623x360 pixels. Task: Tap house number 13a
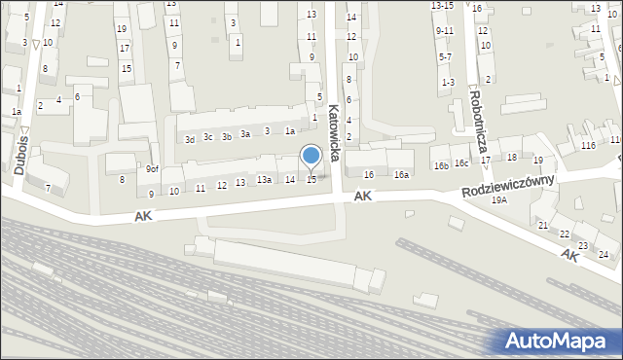[x=264, y=180]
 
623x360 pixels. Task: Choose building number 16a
[x=401, y=175]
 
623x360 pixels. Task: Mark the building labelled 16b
[x=441, y=165]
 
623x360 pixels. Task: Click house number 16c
[x=460, y=162]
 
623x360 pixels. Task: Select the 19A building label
[x=499, y=199]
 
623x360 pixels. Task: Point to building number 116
[x=588, y=145]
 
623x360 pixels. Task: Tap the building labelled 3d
[x=191, y=139]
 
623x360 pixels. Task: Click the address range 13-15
[x=442, y=6]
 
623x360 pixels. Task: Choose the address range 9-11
[x=444, y=31]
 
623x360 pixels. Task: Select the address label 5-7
[x=445, y=56]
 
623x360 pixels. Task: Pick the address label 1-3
[x=448, y=82]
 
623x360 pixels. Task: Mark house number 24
[x=604, y=254]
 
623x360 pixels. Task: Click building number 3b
[x=226, y=137]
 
